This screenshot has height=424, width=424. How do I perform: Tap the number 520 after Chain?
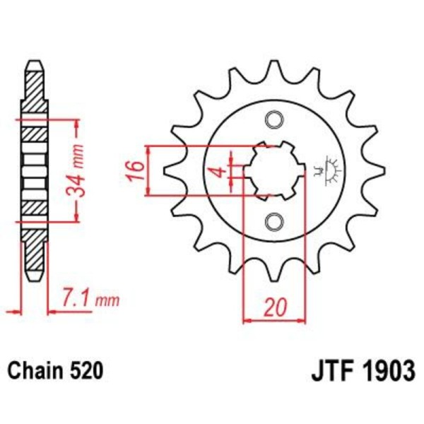tap(89, 370)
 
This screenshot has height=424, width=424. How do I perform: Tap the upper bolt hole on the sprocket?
tap(273, 119)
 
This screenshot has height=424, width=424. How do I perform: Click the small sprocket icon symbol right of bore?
tap(326, 169)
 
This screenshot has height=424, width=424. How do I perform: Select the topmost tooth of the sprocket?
tap(273, 69)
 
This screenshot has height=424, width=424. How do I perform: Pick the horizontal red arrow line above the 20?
tap(273, 321)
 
